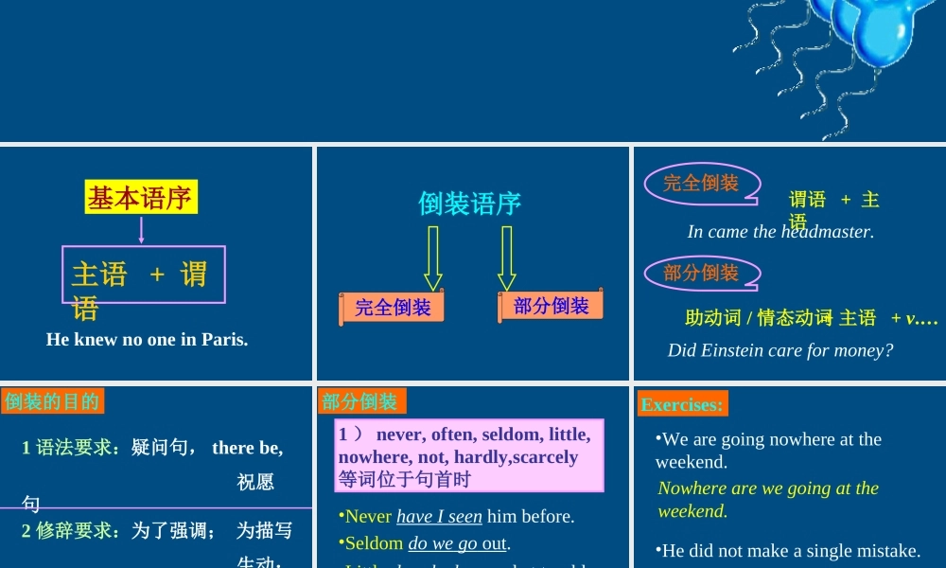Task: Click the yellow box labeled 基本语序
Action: click(x=141, y=198)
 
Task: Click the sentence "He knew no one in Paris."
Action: click(x=147, y=339)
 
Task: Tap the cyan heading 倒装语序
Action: click(x=469, y=204)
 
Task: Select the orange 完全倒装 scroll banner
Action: click(x=392, y=308)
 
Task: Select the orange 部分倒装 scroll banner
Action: click(x=551, y=306)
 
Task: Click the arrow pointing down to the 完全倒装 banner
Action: click(x=433, y=257)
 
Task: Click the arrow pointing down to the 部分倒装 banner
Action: click(x=507, y=257)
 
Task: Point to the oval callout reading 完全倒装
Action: click(x=700, y=184)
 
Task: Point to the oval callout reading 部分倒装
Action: click(x=700, y=274)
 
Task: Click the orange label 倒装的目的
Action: click(x=52, y=401)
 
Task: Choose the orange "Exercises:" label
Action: click(x=682, y=404)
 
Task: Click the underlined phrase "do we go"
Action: click(x=443, y=543)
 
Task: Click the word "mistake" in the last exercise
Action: click(x=885, y=551)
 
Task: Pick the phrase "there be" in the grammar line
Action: click(x=247, y=448)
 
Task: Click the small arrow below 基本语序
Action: click(x=141, y=230)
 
